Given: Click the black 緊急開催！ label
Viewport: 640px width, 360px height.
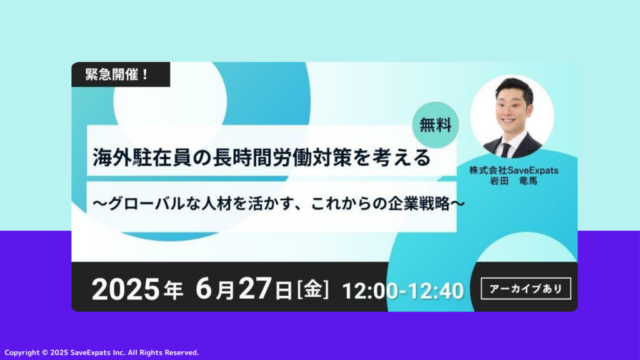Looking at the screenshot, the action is [121, 74].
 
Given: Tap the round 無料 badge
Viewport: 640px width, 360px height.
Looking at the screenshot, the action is [436, 125].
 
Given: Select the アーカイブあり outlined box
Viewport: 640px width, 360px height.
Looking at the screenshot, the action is [526, 289].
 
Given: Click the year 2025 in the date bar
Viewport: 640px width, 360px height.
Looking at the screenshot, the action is [125, 289].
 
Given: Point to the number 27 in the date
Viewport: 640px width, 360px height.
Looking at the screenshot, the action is [255, 289].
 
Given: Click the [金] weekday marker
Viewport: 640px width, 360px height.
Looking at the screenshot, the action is [312, 289].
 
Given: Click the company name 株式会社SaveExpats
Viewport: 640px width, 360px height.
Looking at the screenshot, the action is [514, 170].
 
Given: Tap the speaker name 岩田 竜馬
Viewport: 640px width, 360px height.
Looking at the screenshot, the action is [514, 181].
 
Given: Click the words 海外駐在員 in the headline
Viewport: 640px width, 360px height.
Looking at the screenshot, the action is [142, 157].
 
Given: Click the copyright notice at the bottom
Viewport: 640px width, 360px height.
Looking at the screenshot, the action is [102, 352].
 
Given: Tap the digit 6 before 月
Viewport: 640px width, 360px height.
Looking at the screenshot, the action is [204, 289].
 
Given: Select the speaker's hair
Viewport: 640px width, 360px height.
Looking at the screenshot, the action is [514, 87].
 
